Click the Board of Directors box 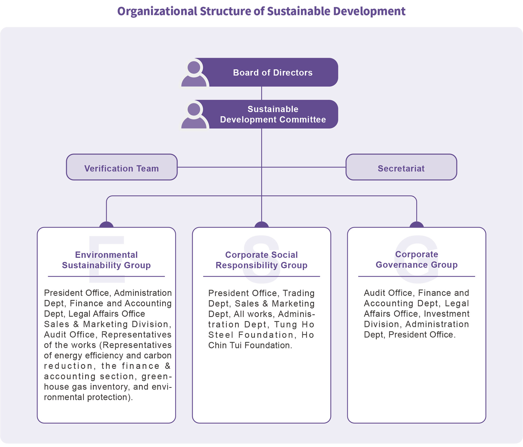(x=272, y=73)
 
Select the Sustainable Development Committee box (x=272, y=114)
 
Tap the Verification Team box (x=122, y=167)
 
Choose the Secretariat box (x=401, y=167)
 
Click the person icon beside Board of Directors (x=194, y=74)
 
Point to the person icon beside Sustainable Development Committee (x=194, y=115)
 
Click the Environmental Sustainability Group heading (x=106, y=260)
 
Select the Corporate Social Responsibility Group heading (x=261, y=260)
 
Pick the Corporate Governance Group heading (x=417, y=260)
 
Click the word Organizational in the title (x=157, y=11)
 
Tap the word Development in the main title (x=369, y=11)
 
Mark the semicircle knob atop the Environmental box (x=106, y=225)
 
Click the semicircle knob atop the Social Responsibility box (x=261, y=225)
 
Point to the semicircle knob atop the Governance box (x=417, y=225)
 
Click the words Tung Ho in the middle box (x=294, y=324)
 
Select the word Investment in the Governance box (x=447, y=314)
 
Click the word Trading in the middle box (x=299, y=293)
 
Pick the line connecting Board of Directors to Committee (x=261, y=93)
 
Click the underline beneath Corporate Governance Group (x=417, y=276)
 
